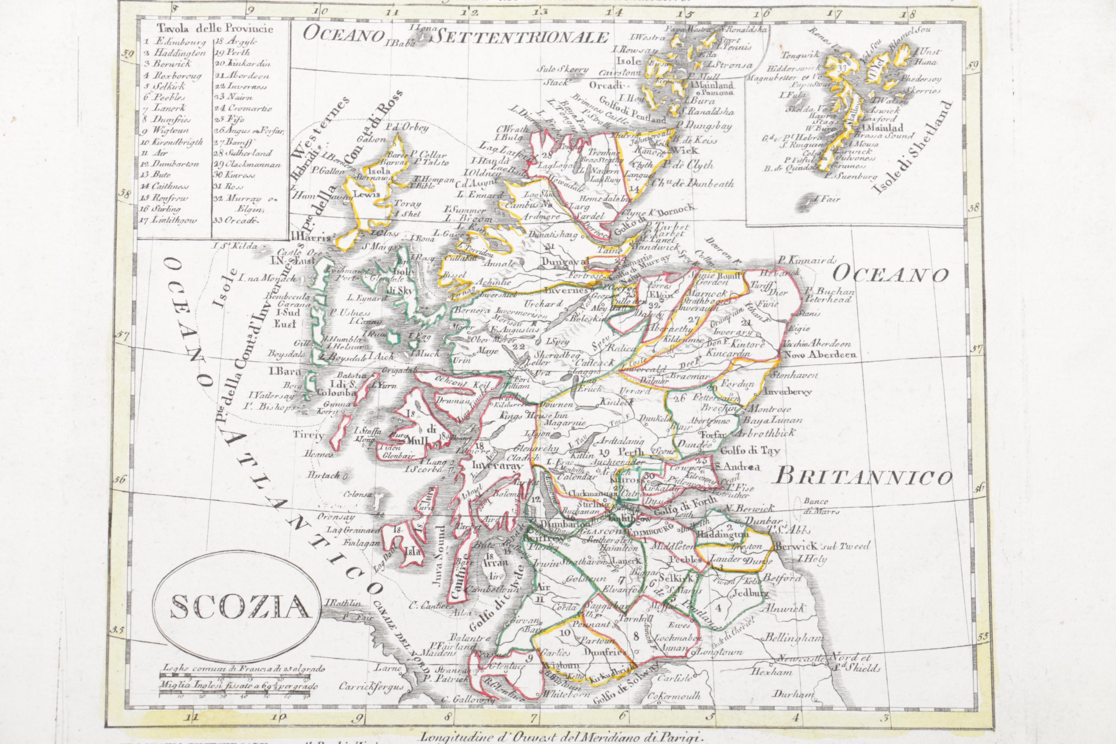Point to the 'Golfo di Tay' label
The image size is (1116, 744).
tap(750, 451)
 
